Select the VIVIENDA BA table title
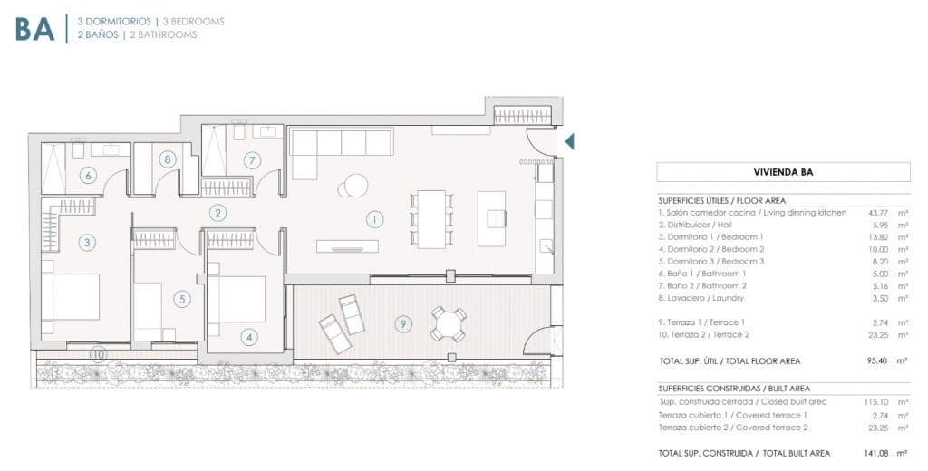[x=783, y=171]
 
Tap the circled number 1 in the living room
[x=373, y=218]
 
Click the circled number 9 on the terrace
[x=404, y=322]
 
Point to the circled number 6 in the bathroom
[x=88, y=176]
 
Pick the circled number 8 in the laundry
[x=167, y=159]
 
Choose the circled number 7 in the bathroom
[x=252, y=160]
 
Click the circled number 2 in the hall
[x=217, y=214]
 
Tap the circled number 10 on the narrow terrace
[x=97, y=354]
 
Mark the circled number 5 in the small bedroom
[x=182, y=298]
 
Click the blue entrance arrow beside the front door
[x=569, y=140]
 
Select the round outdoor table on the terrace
[x=448, y=323]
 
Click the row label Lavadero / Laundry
[x=702, y=298]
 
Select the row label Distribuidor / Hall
[x=698, y=225]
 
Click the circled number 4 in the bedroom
[x=249, y=338]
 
